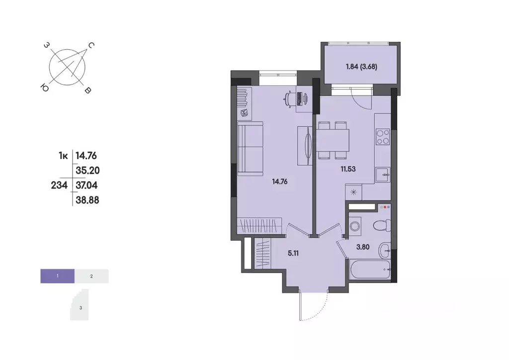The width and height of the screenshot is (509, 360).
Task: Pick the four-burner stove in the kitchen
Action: click(383, 137)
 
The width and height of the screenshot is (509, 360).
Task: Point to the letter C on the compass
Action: click(91, 46)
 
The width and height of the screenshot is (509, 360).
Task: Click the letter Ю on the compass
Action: click(45, 88)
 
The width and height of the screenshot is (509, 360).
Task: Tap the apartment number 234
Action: click(60, 184)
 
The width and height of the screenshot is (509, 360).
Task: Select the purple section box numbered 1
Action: click(58, 275)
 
